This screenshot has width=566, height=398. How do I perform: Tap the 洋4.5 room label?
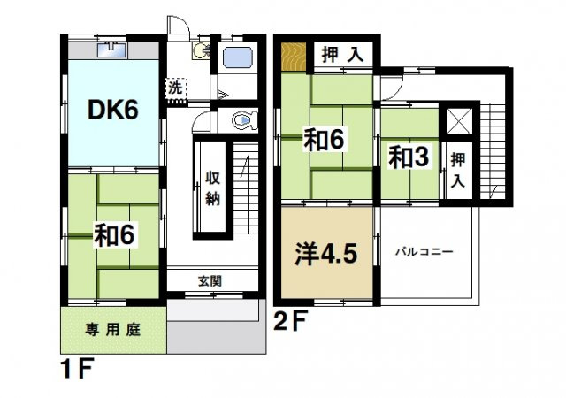(325, 253)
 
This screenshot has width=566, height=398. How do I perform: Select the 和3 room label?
(409, 158)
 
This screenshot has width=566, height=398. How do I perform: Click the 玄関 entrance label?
(210, 281)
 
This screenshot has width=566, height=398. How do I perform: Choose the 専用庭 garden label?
(112, 330)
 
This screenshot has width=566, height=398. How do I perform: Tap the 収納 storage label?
(213, 186)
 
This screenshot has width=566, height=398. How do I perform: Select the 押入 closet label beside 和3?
(456, 171)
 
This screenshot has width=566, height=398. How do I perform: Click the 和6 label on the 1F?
(114, 234)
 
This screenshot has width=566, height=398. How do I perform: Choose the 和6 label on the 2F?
(325, 139)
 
